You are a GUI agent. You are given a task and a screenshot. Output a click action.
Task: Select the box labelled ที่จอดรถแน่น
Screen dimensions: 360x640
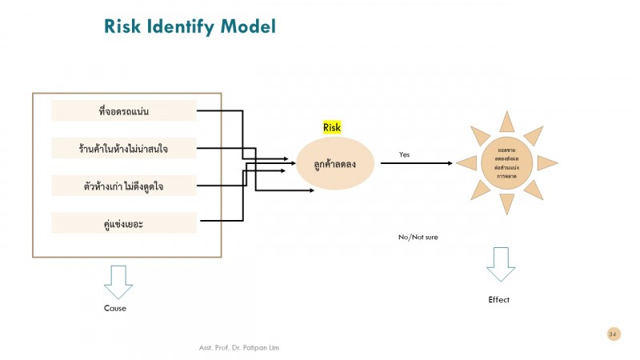coord(123,110)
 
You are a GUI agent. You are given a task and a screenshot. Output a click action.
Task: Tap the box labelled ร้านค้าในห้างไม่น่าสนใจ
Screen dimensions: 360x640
coord(123,148)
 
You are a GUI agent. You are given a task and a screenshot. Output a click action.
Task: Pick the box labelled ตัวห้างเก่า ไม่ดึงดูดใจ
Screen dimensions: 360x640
coord(123,186)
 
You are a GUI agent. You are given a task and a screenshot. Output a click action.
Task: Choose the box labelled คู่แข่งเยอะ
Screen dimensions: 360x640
coord(123,223)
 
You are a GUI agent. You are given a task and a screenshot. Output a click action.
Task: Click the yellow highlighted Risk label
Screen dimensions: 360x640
coord(331,127)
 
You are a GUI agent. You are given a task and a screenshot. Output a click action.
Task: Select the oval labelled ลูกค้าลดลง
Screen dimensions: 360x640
coord(335,163)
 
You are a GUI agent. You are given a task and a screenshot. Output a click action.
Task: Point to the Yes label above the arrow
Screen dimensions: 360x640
coord(404,154)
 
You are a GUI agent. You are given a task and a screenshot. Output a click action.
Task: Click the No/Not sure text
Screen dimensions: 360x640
coord(418,237)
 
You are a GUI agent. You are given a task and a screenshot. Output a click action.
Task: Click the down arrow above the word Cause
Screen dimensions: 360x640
coord(118,282)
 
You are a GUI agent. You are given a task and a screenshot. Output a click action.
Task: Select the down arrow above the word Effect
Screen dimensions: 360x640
coord(502,264)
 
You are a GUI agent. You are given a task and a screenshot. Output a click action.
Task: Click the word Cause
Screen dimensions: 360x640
coord(115,308)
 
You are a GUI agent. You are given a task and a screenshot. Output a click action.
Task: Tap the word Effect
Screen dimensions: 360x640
coord(498,300)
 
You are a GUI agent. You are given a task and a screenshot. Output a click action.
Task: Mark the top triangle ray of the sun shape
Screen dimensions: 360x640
coord(506,121)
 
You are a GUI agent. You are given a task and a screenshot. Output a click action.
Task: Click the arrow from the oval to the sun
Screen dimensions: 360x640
coord(416,163)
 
